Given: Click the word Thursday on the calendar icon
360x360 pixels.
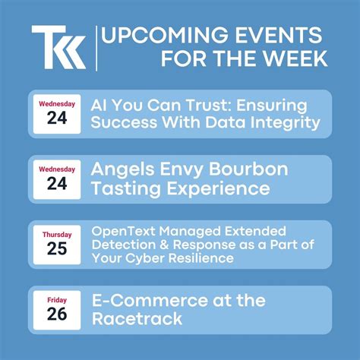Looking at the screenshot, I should [57, 234].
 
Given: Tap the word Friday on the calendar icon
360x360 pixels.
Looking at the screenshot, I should [57, 300].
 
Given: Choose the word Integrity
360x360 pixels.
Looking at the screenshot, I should [284, 122].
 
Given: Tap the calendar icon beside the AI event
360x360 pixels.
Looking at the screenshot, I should [57, 113].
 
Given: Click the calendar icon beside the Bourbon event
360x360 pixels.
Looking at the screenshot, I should [57, 178].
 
